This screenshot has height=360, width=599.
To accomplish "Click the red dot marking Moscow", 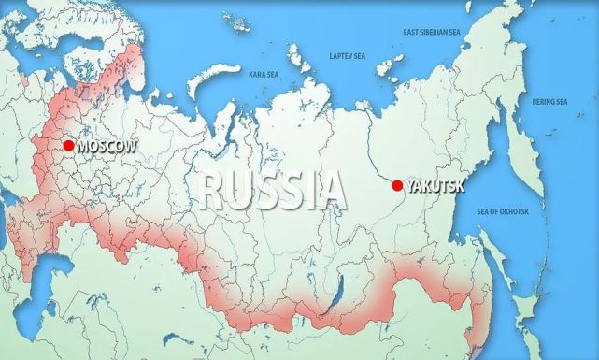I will coord(68,146).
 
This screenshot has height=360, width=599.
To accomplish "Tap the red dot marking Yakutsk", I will coord(396,185).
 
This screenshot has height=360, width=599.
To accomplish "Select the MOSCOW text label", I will coord(107,147).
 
